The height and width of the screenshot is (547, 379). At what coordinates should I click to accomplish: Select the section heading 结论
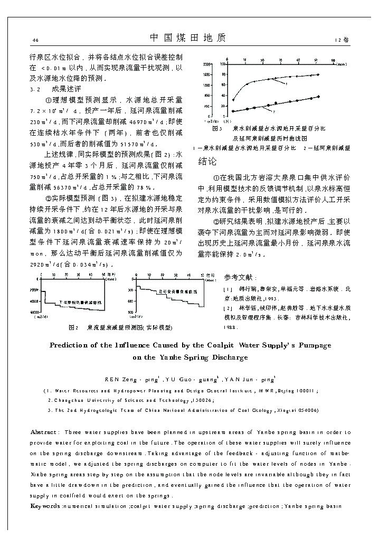click(x=207, y=161)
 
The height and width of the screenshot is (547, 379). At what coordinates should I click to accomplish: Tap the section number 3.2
click(x=35, y=89)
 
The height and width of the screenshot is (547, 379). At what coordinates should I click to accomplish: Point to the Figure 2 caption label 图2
click(x=73, y=327)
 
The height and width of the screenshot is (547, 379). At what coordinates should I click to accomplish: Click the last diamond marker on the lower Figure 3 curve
click(x=318, y=97)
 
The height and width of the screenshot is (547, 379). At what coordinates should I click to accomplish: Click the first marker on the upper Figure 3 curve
click(x=233, y=100)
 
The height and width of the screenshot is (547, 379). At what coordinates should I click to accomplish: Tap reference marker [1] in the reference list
click(x=228, y=289)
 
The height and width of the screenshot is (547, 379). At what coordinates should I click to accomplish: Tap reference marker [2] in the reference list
click(x=228, y=308)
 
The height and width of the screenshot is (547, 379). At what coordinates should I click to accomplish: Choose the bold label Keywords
click(x=45, y=506)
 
